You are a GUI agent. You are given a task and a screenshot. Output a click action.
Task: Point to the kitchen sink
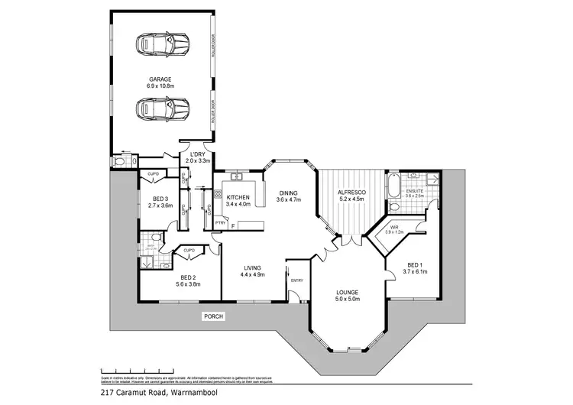click(x=237, y=179)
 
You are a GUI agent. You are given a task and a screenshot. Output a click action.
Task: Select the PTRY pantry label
click(x=220, y=223)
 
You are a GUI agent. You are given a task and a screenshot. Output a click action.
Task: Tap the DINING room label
click(x=289, y=193)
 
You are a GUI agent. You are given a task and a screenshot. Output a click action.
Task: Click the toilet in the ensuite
click(x=394, y=206)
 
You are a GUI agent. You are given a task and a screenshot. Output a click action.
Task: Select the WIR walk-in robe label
click(x=395, y=227)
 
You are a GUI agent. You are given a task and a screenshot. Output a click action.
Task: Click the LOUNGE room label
click(x=348, y=293)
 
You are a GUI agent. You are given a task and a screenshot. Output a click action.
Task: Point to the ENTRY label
click(x=297, y=280)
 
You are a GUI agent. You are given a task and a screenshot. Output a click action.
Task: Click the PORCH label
click(x=212, y=316)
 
